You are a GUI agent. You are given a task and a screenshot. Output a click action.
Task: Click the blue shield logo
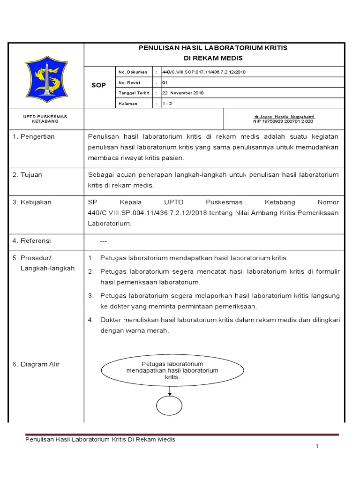click(x=46, y=76)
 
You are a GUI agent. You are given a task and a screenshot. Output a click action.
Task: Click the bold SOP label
click(x=98, y=85)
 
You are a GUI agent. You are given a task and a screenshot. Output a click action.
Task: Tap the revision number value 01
click(x=165, y=82)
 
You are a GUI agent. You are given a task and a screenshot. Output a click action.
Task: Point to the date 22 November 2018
click(x=183, y=93)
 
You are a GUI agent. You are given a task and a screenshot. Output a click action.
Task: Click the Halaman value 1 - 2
click(x=167, y=104)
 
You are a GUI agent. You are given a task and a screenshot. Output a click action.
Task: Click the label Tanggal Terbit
click(x=134, y=93)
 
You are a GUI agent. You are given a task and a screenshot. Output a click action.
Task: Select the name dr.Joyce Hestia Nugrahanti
click(x=284, y=117)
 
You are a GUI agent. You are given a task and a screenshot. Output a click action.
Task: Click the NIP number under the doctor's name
click(x=284, y=121)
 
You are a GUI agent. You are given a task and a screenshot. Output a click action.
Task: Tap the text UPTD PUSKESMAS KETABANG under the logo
click(x=45, y=119)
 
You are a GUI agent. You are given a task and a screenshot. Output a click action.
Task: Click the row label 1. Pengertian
click(x=34, y=136)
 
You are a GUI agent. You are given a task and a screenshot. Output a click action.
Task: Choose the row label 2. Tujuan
click(x=28, y=174)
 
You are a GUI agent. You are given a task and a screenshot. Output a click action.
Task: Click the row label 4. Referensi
click(x=32, y=240)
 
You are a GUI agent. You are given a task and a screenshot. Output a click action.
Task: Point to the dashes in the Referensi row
click(x=104, y=241)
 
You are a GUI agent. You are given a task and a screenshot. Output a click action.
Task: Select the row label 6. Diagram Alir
click(x=36, y=364)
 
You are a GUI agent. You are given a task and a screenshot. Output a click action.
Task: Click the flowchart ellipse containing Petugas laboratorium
click(x=172, y=370)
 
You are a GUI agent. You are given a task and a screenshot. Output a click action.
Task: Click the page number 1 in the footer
click(x=317, y=446)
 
